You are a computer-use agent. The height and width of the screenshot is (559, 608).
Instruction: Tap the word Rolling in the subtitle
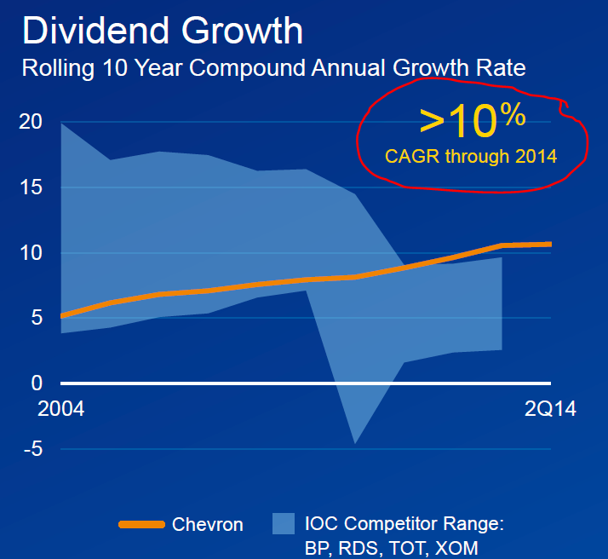point(54,68)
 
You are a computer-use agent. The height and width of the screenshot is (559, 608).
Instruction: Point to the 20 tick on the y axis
point(31,122)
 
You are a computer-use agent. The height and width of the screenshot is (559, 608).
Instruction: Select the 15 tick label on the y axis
point(31,187)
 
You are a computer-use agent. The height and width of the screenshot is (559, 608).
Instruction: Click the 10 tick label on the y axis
point(31,253)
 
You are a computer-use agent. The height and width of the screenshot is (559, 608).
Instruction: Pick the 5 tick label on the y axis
point(36,319)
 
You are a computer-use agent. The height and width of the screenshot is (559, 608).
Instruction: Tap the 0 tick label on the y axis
point(36,383)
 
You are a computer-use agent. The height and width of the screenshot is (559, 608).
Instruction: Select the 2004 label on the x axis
point(61,409)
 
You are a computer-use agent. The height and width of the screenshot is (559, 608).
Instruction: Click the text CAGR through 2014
point(471,156)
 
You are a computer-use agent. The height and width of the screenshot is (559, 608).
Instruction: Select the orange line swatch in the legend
point(141,524)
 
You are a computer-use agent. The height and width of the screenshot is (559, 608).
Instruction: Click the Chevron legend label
point(208,525)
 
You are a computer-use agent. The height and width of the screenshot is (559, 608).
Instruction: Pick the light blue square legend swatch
point(284,524)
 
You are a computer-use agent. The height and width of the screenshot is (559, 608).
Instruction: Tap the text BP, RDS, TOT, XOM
point(391,548)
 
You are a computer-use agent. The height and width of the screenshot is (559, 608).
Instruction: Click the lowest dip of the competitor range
point(354,442)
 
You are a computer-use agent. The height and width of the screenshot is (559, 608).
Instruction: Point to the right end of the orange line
point(549,245)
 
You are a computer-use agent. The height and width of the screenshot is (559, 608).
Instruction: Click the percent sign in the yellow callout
point(512,115)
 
